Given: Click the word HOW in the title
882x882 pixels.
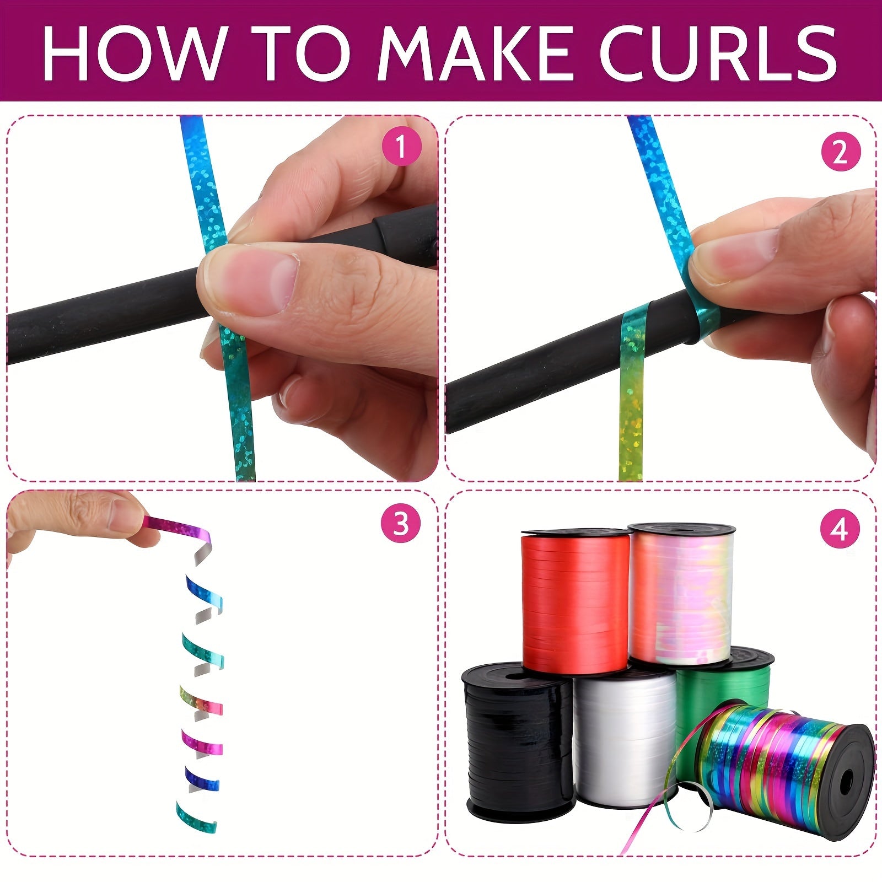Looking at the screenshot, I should point(133,52).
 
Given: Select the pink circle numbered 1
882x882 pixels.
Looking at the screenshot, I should point(401,147).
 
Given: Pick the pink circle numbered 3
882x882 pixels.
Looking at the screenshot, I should point(401,524).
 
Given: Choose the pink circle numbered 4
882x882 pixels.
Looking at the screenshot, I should point(840,529).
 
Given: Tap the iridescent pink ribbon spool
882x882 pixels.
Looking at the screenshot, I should point(681,595).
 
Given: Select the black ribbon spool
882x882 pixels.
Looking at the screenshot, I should point(518,744).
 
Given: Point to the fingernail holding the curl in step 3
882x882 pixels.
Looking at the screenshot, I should point(126,515).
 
